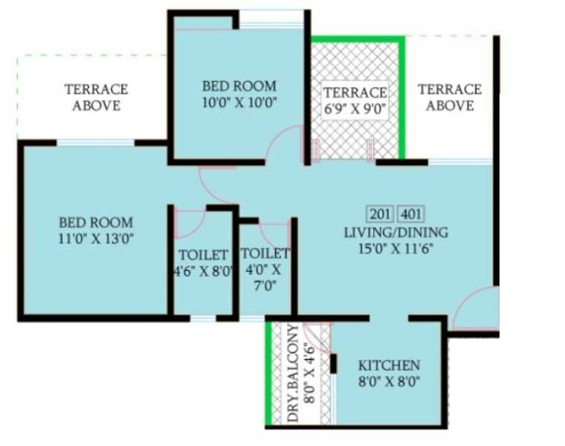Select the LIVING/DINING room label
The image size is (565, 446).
pos(395,233)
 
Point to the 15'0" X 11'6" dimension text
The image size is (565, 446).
pos(395,248)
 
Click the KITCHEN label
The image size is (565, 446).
pos(389,366)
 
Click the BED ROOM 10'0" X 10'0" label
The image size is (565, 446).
pos(239,94)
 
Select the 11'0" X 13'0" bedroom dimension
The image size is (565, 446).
pos(96,239)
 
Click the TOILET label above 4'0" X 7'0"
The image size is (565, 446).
pos(265,253)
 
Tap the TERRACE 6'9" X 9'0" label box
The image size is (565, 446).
pos(355,100)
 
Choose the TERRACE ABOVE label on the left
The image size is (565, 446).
pos(96,97)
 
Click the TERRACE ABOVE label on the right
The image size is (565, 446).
pos(450,97)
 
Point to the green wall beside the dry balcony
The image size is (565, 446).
pos(268,372)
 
